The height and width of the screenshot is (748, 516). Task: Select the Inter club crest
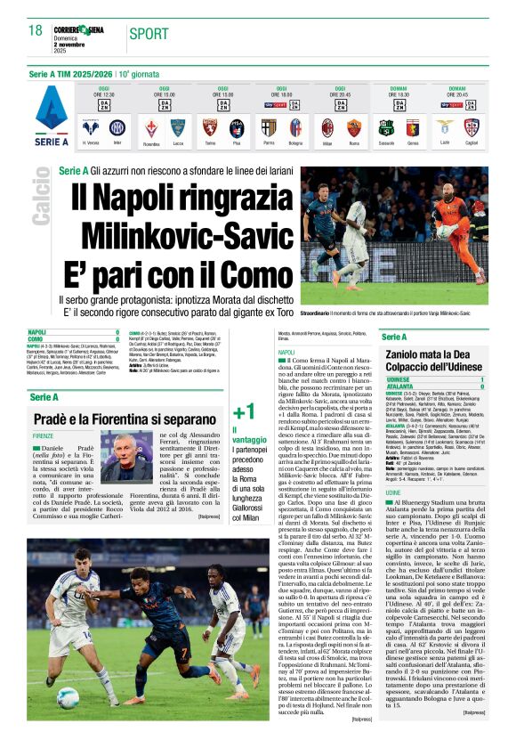tap(115, 126)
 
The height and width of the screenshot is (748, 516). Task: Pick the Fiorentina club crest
tap(151, 126)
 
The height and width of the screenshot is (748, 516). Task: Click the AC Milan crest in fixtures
tap(327, 126)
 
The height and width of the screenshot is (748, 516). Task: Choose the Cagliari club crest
tap(472, 126)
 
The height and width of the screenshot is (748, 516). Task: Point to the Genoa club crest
tap(412, 126)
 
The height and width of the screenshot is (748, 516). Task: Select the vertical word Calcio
tap(40, 200)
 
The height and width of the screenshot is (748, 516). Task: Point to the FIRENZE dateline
tap(43, 435)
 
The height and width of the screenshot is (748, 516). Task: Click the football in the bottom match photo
tap(68, 695)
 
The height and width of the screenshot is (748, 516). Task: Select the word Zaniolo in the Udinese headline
tap(408, 354)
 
